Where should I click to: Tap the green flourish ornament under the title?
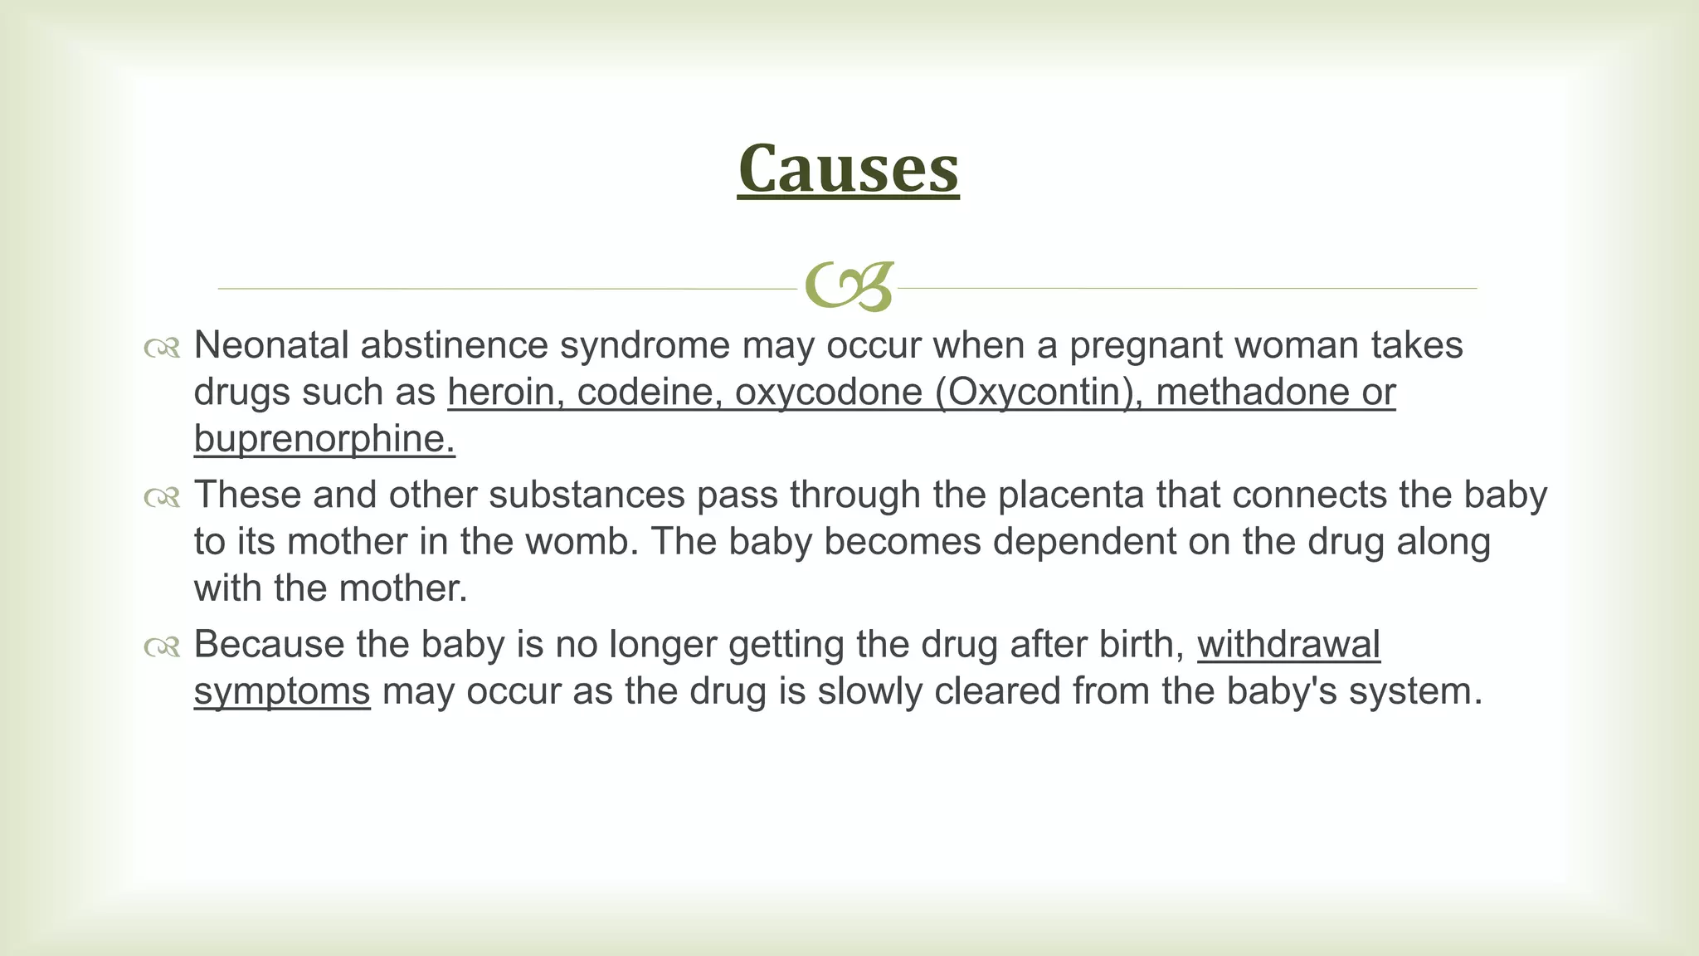849,287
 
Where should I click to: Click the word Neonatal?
270,345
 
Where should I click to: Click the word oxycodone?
828,392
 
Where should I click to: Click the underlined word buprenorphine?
324,439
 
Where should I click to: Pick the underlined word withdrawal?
1288,645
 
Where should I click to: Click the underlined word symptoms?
282,691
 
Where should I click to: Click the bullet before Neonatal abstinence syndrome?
162,348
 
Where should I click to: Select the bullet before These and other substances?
162,497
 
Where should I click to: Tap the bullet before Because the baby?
162,646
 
